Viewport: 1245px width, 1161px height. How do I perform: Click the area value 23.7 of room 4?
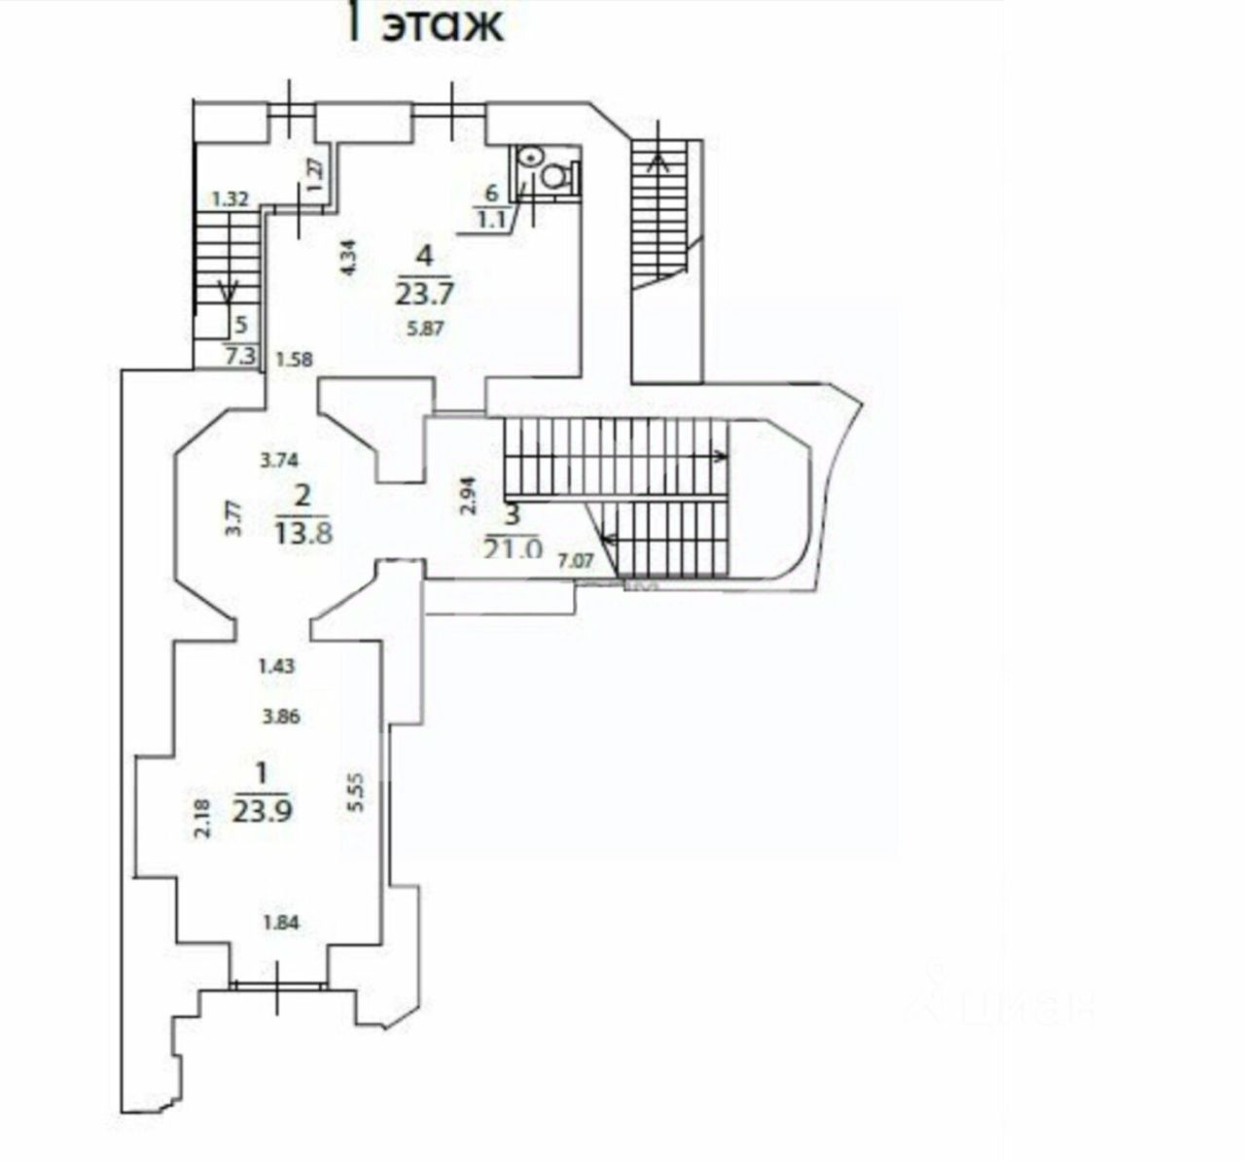pyautogui.click(x=424, y=292)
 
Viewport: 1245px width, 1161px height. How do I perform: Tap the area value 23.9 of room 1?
pyautogui.click(x=262, y=809)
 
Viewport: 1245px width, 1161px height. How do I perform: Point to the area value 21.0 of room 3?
pyautogui.click(x=512, y=547)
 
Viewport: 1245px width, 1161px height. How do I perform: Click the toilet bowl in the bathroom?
pyautogui.click(x=556, y=175)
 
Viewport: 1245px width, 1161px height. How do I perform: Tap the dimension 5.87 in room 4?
pyautogui.click(x=425, y=329)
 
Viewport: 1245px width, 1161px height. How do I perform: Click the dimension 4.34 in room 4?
pyautogui.click(x=351, y=260)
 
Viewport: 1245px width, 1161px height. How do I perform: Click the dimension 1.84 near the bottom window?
pyautogui.click(x=281, y=924)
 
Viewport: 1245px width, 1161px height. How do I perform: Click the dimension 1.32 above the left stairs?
pyautogui.click(x=231, y=199)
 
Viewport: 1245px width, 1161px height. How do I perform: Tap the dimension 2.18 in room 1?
pyautogui.click(x=201, y=818)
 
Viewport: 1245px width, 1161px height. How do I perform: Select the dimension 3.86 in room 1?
pyautogui.click(x=280, y=718)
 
